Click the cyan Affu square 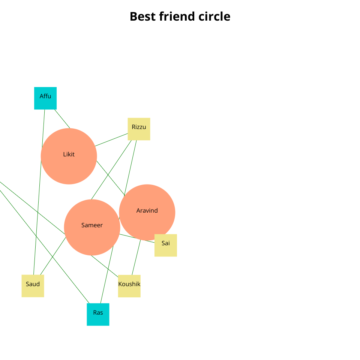click(45, 98)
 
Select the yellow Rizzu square click(139, 129)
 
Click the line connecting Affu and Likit click(62, 118)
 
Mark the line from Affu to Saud click(39, 191)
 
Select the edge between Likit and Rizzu click(112, 140)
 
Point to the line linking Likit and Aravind click(111, 178)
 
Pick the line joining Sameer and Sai click(137, 238)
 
